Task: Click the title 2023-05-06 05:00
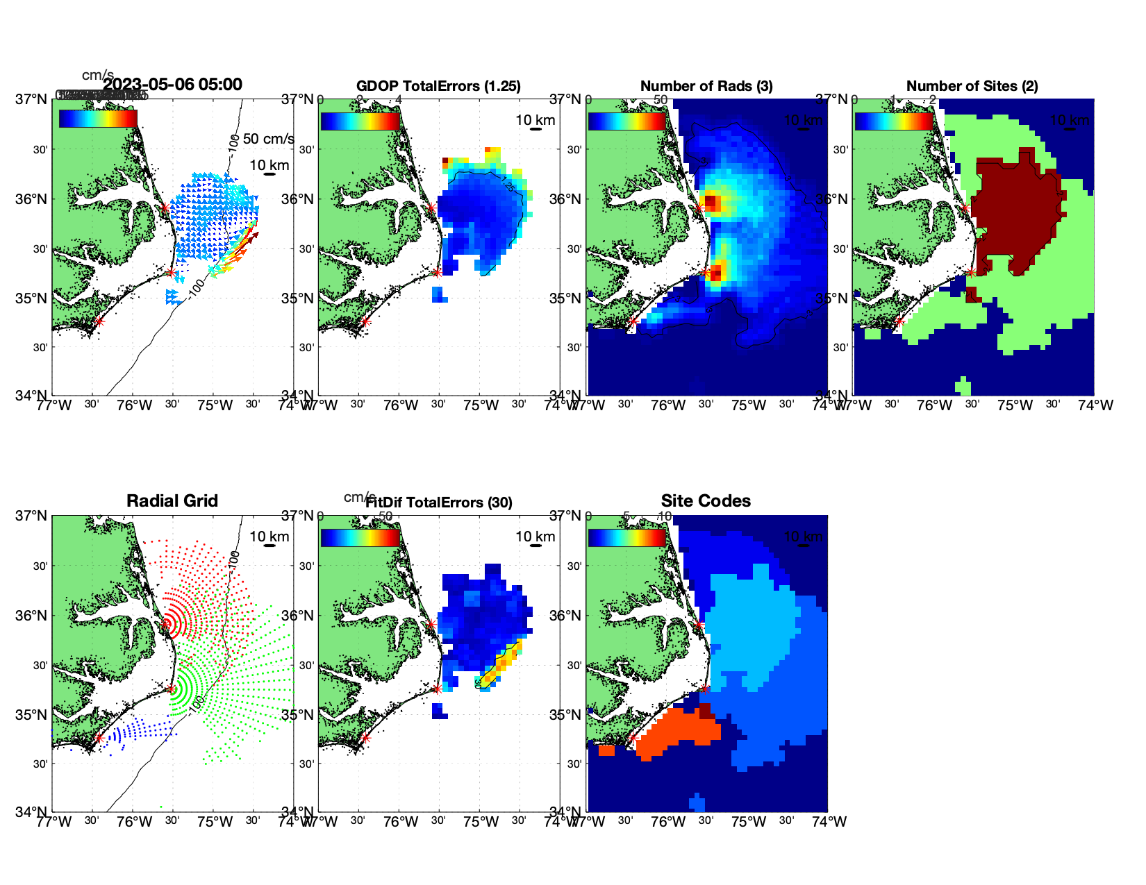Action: (172, 85)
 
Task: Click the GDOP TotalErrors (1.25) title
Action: (438, 86)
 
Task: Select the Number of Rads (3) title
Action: (706, 86)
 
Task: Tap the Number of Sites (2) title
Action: (972, 86)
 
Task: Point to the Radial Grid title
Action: (172, 501)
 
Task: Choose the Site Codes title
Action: (706, 501)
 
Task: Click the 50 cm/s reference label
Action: (268, 139)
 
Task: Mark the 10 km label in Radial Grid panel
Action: (269, 536)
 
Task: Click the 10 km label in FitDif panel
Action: (535, 536)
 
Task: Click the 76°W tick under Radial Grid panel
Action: (133, 822)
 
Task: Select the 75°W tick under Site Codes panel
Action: (748, 822)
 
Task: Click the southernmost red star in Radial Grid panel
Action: (99, 738)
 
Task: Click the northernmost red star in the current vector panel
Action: (165, 208)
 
